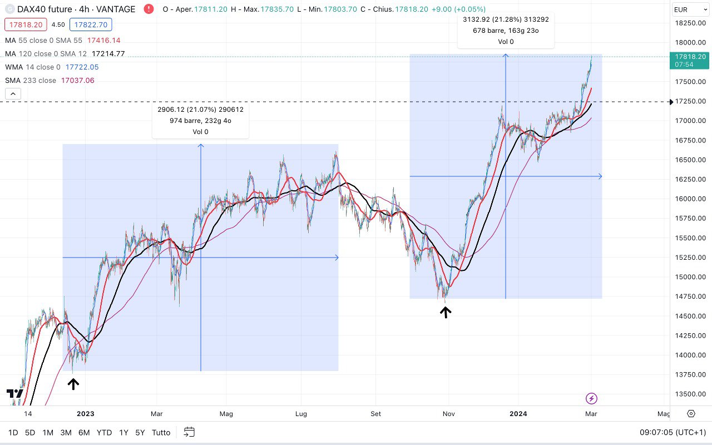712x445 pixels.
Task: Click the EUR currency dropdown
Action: (x=689, y=9)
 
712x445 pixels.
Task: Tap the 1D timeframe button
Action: (x=13, y=432)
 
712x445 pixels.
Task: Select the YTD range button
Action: (x=104, y=432)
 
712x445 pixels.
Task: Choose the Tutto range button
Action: (x=161, y=432)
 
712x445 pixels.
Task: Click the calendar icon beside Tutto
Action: (x=189, y=432)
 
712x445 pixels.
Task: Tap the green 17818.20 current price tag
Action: (x=690, y=57)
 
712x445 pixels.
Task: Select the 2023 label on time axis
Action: (x=86, y=414)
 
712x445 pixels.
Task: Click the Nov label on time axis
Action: (x=449, y=414)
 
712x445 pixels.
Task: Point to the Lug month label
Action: (x=301, y=414)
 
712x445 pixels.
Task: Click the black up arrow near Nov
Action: (x=445, y=313)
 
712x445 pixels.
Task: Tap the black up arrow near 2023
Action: (x=73, y=383)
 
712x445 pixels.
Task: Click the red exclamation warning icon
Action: (x=149, y=9)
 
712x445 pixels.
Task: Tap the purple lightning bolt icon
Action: (x=591, y=398)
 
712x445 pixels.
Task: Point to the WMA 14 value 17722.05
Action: (x=82, y=67)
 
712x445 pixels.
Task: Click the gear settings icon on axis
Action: (x=691, y=413)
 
